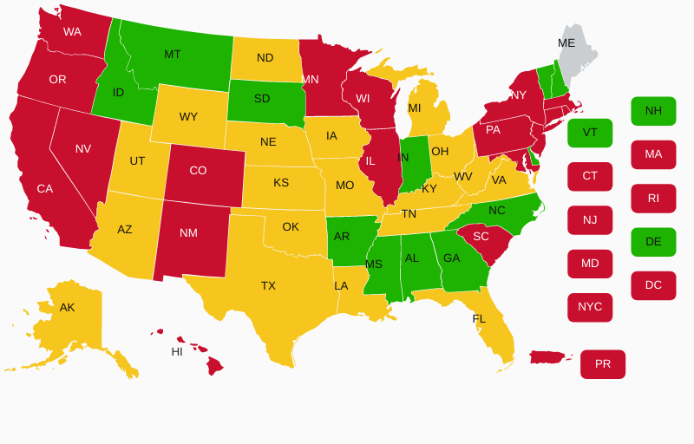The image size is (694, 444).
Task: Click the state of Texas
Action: pyautogui.click(x=269, y=286)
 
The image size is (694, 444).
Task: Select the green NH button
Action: pyautogui.click(x=653, y=111)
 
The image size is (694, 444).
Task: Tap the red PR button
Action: pyautogui.click(x=603, y=364)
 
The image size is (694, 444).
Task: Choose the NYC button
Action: pyautogui.click(x=590, y=307)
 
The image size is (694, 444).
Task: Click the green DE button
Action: pyautogui.click(x=653, y=242)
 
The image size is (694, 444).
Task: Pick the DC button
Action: pyautogui.click(x=653, y=285)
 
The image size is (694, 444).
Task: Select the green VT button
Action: pyautogui.click(x=590, y=133)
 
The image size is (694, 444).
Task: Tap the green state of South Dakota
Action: pyautogui.click(x=263, y=99)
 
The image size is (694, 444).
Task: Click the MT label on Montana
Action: pyautogui.click(x=173, y=55)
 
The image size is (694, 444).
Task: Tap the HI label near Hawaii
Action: pyautogui.click(x=177, y=352)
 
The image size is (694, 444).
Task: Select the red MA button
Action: pyautogui.click(x=653, y=154)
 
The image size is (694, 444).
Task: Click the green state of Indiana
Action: pyautogui.click(x=413, y=160)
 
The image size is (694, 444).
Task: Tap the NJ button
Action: pyautogui.click(x=590, y=220)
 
